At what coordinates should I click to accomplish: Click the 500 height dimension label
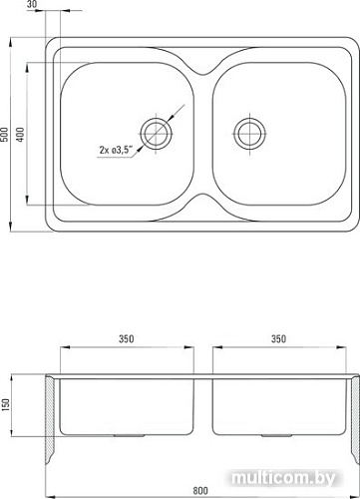click(x=5, y=134)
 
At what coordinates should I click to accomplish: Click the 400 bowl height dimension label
click(x=21, y=134)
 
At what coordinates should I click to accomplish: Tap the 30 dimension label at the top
click(x=33, y=4)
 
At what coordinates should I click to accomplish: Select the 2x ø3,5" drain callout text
click(x=116, y=150)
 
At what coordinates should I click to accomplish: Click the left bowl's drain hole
click(x=156, y=135)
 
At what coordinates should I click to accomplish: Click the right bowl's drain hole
click(x=250, y=135)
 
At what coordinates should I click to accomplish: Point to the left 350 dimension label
click(x=127, y=338)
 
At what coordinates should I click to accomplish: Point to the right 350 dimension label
click(x=278, y=338)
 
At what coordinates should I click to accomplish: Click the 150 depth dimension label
click(x=6, y=405)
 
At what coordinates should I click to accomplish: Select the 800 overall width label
click(x=200, y=490)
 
